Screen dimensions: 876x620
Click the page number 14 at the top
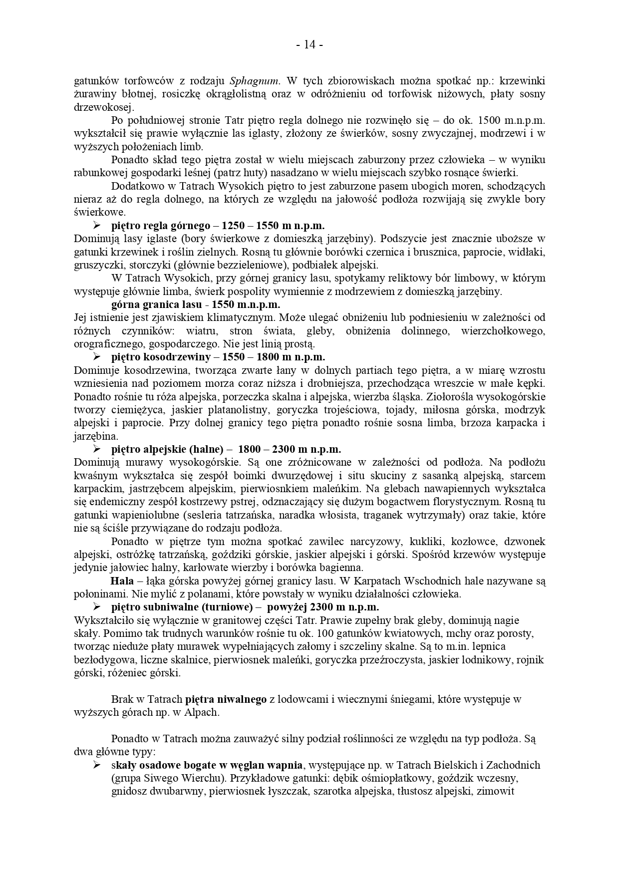(310, 45)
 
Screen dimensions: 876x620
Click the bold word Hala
(122, 581)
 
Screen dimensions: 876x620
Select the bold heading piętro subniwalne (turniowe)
(180, 607)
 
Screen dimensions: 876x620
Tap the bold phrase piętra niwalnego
(226, 699)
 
